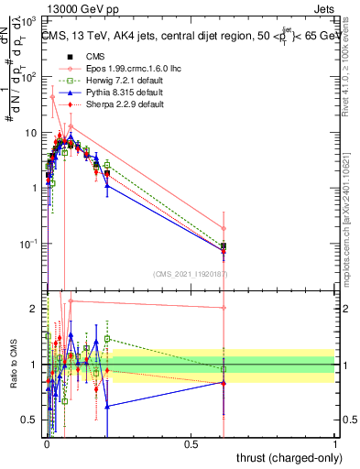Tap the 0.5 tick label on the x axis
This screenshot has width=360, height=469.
pos(191,443)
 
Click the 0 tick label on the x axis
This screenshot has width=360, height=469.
pos(46,443)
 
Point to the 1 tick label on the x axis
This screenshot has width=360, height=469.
pos(334,443)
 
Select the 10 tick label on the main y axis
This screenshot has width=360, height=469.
pos(30,133)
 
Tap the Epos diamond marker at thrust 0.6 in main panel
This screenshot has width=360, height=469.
pos(224,228)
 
